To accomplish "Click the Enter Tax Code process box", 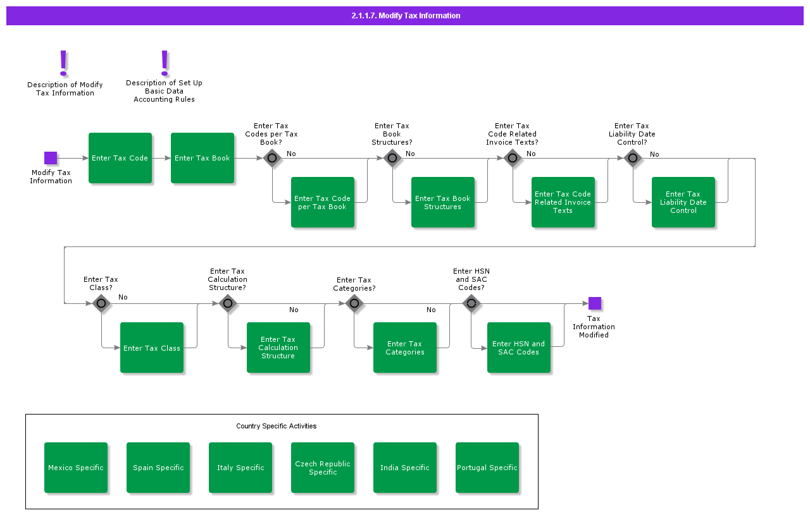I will click(x=120, y=158).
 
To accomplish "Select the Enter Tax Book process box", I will click(x=202, y=158).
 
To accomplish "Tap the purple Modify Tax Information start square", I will click(x=51, y=158).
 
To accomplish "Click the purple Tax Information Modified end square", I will click(x=594, y=303).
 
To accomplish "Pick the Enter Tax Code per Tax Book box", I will click(x=323, y=202).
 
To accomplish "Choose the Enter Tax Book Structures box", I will click(x=443, y=202).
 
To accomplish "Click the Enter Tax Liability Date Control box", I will click(x=683, y=202).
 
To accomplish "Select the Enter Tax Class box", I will click(x=152, y=348).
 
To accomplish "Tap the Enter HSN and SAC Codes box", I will click(x=519, y=348).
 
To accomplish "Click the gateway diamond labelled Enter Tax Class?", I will click(x=101, y=303).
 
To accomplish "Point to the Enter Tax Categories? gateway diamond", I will click(x=354, y=303).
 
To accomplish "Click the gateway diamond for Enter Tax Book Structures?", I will click(x=392, y=158).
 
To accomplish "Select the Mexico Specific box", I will click(x=76, y=468).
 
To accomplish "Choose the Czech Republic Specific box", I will click(x=323, y=468).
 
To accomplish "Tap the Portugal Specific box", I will click(x=487, y=468).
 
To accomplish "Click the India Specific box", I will click(x=405, y=468).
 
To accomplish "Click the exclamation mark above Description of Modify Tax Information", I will click(x=63, y=63).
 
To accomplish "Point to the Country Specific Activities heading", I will click(x=276, y=426).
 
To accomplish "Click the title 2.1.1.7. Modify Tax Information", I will click(x=406, y=16).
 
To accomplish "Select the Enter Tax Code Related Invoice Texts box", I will click(x=563, y=202).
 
